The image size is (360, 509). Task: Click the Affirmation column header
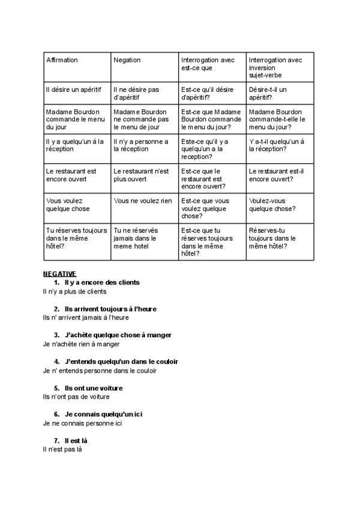[62, 60]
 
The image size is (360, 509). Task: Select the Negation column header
[127, 60]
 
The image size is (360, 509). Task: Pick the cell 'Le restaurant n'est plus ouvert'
[142, 175]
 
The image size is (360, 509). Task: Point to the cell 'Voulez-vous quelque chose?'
[272, 205]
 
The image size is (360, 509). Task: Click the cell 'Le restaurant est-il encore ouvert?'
[276, 175]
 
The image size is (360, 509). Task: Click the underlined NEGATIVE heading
[59, 274]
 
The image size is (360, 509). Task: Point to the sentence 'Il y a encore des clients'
[102, 282]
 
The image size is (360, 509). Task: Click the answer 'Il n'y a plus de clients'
[74, 292]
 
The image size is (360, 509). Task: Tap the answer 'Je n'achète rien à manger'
[81, 344]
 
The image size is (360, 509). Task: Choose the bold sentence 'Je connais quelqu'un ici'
[103, 414]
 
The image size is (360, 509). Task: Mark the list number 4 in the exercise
[56, 361]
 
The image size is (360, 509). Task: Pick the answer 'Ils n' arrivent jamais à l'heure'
[86, 318]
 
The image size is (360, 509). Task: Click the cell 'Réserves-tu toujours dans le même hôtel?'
[277, 238]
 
